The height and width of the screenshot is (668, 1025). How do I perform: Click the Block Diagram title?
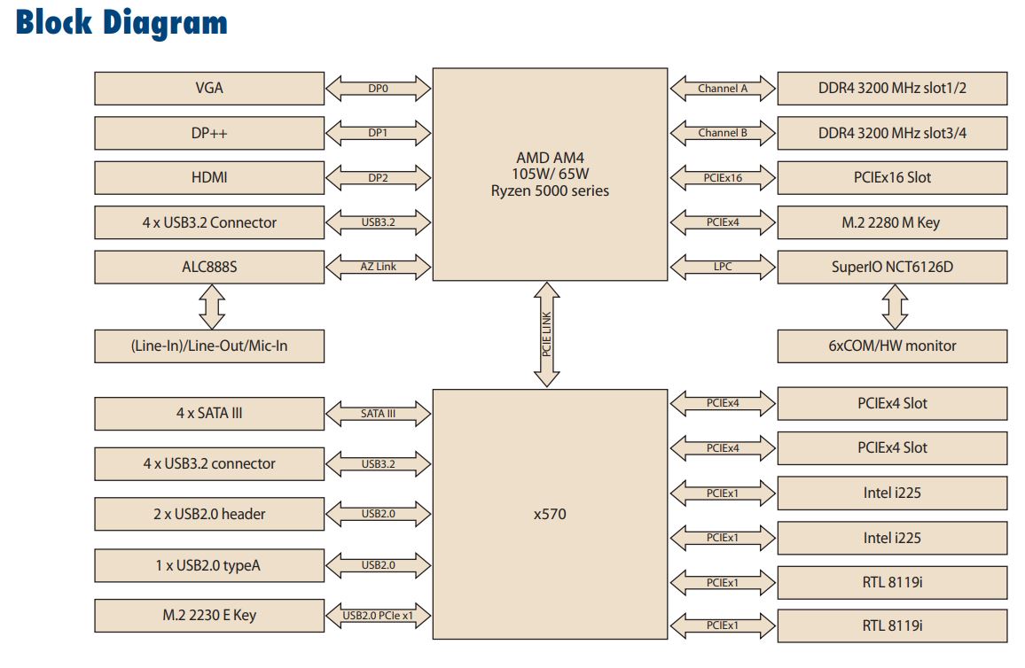click(121, 22)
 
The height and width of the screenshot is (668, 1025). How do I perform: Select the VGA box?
click(209, 89)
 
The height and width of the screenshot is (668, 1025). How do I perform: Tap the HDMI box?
click(209, 177)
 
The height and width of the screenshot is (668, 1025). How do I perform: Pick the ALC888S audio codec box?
click(209, 267)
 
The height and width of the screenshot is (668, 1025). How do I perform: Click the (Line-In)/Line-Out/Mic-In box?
click(209, 346)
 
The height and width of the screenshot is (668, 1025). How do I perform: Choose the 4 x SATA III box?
click(209, 414)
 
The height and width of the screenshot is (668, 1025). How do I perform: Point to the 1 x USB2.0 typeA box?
click(209, 564)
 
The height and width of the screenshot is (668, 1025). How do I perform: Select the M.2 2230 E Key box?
click(209, 615)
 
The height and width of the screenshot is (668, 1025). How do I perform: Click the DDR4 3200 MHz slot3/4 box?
click(892, 133)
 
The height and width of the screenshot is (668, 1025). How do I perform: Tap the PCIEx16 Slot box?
click(892, 177)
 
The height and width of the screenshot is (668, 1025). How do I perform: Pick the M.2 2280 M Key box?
click(892, 222)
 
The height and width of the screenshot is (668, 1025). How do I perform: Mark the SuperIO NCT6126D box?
click(892, 267)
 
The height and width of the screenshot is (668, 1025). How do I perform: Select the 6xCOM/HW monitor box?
click(892, 346)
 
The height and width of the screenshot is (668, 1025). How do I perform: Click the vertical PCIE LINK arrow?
click(547, 335)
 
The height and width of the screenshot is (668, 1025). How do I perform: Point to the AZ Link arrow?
click(379, 267)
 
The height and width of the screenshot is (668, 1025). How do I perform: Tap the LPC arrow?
click(723, 267)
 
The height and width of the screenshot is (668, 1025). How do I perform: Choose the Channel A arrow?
click(723, 89)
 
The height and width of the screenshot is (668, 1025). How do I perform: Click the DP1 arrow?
click(379, 133)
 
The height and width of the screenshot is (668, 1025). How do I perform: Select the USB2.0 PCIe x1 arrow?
click(379, 615)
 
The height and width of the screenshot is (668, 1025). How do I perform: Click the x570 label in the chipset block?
click(550, 514)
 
